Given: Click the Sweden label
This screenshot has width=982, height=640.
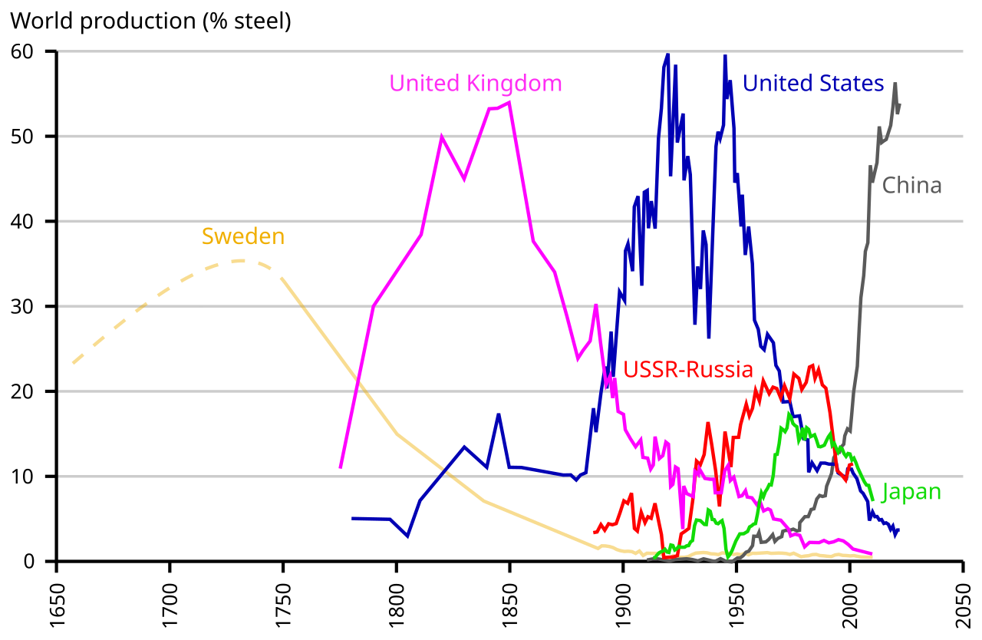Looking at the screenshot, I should point(242,236).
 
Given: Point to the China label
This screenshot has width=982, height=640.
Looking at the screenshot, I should point(911,186).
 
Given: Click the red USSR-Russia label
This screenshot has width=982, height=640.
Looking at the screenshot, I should point(688,370).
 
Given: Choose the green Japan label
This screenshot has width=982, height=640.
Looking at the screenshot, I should point(911,492).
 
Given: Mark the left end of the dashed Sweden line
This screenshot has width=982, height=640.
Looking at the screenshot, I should point(73,363).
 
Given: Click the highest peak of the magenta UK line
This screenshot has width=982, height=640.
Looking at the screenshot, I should point(509,102).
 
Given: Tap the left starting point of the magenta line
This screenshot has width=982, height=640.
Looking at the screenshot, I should point(341,467).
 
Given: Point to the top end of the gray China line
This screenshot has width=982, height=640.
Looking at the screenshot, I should point(895,84).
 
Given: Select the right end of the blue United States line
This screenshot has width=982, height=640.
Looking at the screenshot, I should point(898,530).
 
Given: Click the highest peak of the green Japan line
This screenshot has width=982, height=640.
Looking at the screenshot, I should point(789,414).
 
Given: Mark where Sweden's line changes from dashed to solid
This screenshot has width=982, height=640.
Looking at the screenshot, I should point(281,276).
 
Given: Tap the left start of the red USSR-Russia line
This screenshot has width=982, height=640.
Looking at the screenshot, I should point(595,532).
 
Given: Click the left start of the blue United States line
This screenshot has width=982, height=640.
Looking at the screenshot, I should point(353,519).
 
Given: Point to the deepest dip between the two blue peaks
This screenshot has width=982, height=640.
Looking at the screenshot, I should point(709,336).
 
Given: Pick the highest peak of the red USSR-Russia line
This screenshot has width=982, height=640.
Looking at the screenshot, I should point(812,365).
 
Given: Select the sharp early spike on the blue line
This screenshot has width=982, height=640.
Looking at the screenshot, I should point(499,415).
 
